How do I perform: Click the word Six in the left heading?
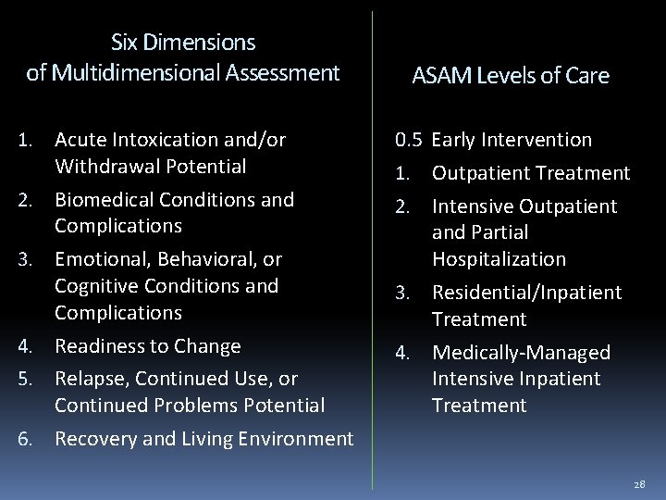point(125,43)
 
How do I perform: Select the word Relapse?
point(88,378)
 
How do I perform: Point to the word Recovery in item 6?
point(92,439)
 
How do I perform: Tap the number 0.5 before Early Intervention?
point(409,141)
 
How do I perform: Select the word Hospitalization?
point(499,258)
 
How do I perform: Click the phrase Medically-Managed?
point(522,353)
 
